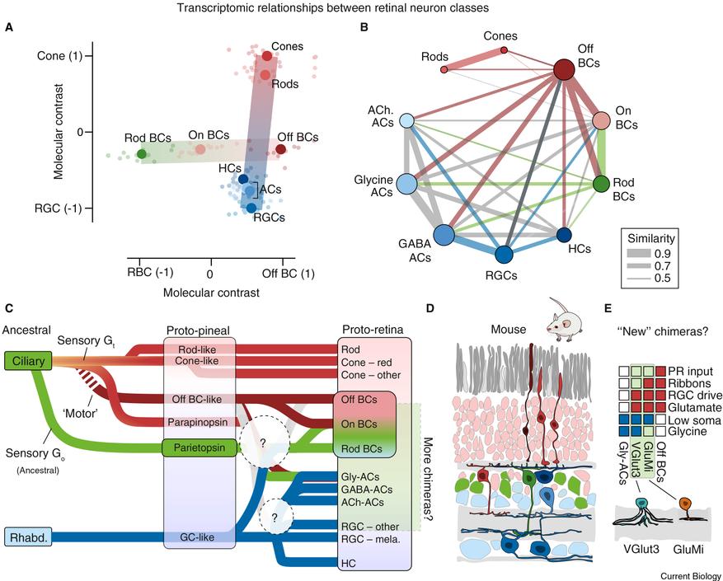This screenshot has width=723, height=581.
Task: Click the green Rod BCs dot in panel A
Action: (142, 153)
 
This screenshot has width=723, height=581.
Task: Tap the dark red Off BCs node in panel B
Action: (564, 70)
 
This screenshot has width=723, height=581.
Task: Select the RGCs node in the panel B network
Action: (502, 253)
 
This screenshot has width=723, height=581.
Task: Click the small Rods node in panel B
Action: (445, 70)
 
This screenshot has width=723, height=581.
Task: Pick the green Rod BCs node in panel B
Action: (602, 183)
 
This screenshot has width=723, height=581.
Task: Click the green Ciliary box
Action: (27, 360)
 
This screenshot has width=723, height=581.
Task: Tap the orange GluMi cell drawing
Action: (684, 503)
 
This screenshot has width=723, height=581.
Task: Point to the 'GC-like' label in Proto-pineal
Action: (200, 538)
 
